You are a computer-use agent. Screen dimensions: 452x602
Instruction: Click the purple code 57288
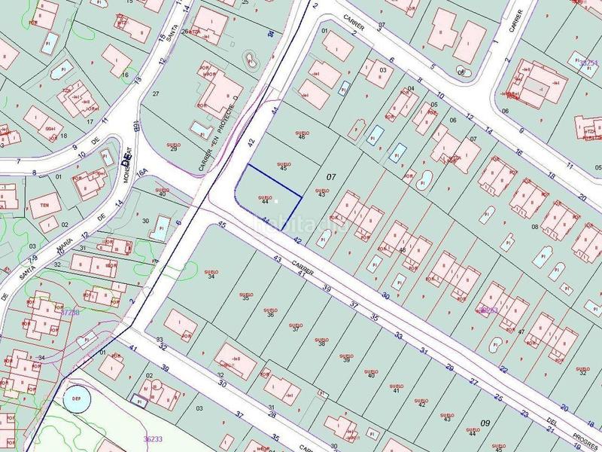(x=70, y=311)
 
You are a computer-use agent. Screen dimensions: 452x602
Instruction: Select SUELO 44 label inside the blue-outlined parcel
(x=264, y=200)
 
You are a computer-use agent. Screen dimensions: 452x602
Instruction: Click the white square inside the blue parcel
(x=277, y=201)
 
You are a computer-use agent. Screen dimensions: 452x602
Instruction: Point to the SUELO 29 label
(x=174, y=146)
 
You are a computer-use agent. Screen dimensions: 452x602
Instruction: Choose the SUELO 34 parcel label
(x=211, y=274)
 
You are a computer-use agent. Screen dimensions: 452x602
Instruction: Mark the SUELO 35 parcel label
(x=246, y=295)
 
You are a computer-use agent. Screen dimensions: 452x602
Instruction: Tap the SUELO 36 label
(x=270, y=311)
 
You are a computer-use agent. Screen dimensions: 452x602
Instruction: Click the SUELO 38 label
(x=321, y=341)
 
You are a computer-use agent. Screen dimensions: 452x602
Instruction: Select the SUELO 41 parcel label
(x=396, y=388)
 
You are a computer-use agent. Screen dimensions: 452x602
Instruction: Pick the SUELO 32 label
(x=582, y=370)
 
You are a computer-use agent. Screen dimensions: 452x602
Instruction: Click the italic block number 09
(x=485, y=423)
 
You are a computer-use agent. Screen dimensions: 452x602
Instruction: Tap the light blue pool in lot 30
(x=160, y=228)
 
